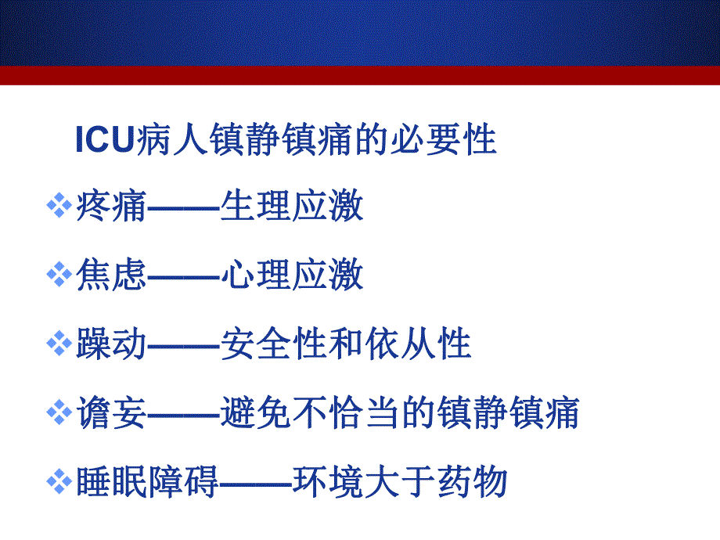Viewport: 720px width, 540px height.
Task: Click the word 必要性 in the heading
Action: point(461,141)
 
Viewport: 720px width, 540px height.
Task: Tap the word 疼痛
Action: point(111,208)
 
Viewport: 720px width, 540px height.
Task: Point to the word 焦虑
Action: point(111,276)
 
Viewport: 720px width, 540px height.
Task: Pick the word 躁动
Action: point(111,345)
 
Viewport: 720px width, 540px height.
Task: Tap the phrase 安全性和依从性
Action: point(345,345)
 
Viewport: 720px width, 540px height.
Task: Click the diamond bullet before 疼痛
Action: point(59,208)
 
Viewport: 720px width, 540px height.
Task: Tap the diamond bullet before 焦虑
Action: point(59,276)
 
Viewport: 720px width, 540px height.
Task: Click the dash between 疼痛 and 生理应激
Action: point(183,210)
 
